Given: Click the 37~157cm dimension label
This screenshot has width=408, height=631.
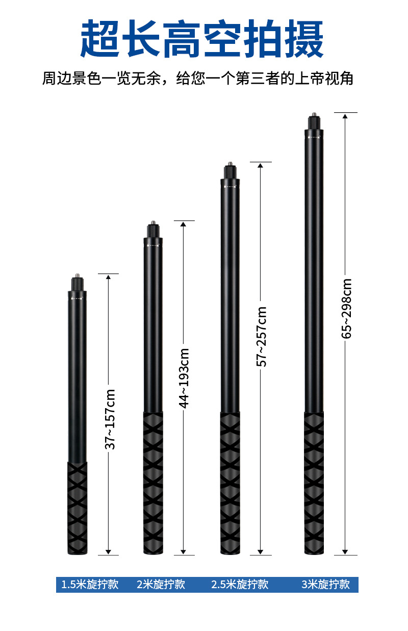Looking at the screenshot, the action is tap(110, 419).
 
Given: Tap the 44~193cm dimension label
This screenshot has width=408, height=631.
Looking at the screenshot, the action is tap(184, 378).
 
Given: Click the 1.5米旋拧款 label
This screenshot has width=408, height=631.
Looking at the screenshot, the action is tap(90, 585).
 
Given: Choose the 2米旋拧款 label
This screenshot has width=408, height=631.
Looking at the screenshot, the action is tap(161, 585).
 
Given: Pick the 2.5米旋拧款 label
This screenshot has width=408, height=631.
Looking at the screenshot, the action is tap(240, 585).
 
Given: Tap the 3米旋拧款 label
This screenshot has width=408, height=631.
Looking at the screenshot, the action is tap(326, 585).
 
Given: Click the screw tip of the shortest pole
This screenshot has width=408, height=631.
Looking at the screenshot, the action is tap(77, 275).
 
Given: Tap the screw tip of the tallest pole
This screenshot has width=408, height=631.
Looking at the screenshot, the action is tap(314, 114).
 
